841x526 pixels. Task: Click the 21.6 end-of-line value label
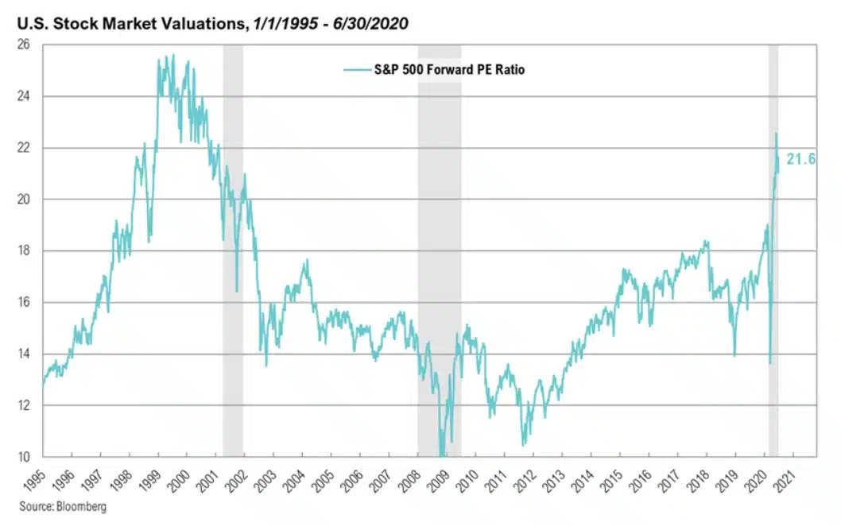click(800, 159)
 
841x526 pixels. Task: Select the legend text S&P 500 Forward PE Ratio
click(449, 70)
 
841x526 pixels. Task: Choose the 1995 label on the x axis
click(34, 478)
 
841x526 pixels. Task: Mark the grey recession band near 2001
click(233, 238)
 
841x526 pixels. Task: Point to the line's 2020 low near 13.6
click(769, 363)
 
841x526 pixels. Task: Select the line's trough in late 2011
click(523, 445)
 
